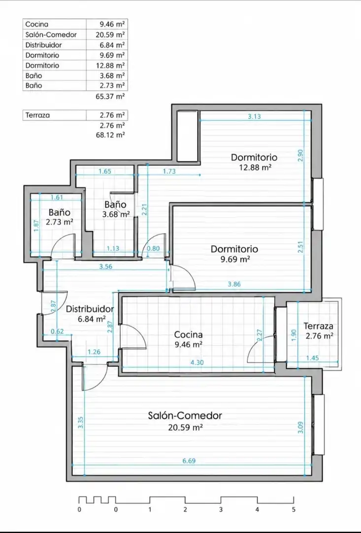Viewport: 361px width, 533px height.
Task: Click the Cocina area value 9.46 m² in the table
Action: (112, 24)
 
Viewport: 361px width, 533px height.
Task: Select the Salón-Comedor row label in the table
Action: (51, 35)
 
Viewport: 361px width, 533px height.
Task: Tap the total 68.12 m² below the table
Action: (110, 135)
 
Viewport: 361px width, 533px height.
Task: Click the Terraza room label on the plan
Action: (318, 326)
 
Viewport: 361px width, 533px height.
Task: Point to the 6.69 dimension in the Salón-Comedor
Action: (189, 461)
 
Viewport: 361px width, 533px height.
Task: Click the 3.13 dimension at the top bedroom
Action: (254, 116)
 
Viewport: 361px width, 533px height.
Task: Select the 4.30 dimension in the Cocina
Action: (197, 362)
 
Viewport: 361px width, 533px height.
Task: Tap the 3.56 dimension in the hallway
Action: (106, 266)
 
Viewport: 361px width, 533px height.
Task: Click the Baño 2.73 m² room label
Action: (60, 217)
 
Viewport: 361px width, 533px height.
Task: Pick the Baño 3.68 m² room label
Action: (116, 209)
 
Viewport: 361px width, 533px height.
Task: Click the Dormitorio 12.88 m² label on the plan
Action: (254, 162)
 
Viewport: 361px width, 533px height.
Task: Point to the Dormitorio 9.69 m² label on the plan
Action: (234, 254)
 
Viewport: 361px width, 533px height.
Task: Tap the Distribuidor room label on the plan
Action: (90, 309)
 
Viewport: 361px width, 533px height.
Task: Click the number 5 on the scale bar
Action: (294, 509)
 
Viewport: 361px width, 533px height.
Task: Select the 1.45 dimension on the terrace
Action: (312, 358)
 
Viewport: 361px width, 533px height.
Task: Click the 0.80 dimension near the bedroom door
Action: (153, 248)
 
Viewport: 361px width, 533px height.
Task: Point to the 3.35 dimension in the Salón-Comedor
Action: (80, 422)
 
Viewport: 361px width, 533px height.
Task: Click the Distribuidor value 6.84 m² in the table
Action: (112, 45)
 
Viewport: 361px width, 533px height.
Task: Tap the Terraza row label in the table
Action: (37, 115)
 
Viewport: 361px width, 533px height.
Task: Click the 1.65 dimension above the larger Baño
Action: (105, 171)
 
